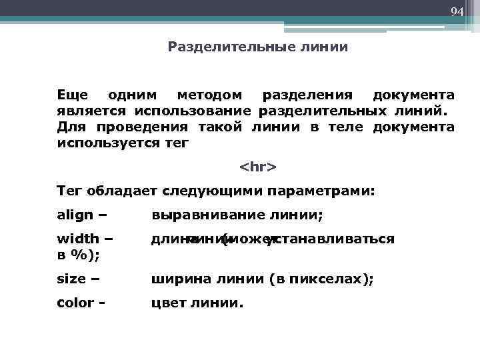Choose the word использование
(x=193, y=110)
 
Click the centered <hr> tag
(x=257, y=165)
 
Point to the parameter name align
(x=75, y=215)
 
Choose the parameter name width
(x=78, y=238)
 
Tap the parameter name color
(x=75, y=303)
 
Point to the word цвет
(x=167, y=303)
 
